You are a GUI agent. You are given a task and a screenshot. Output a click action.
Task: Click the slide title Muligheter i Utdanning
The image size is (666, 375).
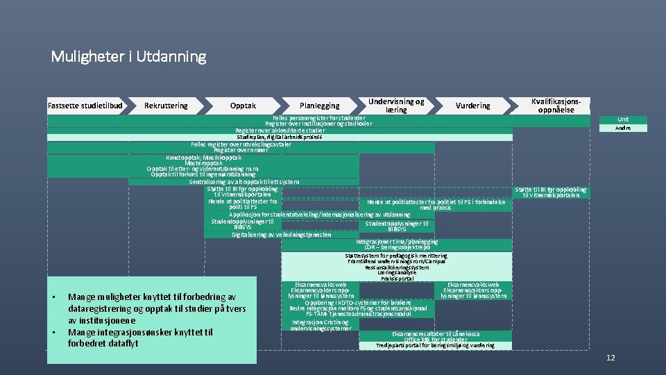(x=128, y=56)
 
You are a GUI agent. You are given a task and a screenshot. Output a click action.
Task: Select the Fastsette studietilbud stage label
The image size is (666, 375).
(x=85, y=106)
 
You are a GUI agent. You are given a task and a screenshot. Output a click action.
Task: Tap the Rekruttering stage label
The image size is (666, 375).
(x=166, y=106)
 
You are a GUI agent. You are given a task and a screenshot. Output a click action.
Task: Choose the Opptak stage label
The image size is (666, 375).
(x=243, y=106)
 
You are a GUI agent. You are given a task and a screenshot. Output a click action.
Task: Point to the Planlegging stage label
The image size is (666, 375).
(x=320, y=106)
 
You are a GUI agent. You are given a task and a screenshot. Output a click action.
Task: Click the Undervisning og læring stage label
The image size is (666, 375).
(x=396, y=106)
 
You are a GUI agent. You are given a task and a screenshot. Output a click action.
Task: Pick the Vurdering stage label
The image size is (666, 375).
(x=473, y=106)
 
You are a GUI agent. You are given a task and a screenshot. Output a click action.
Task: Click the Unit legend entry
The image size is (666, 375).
(x=623, y=119)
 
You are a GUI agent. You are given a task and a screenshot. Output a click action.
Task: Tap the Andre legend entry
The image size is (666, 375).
(x=623, y=128)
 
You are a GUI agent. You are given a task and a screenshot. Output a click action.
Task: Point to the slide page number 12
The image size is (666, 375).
(x=610, y=358)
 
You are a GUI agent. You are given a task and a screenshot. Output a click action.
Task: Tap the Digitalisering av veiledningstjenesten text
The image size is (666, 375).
(x=282, y=234)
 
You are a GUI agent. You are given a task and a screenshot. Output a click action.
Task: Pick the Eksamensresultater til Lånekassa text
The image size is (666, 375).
(x=435, y=334)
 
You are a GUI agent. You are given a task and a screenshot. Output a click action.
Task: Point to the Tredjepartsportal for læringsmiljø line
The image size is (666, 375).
(x=435, y=345)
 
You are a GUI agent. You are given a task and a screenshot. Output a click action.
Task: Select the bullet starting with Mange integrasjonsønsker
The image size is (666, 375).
(x=139, y=337)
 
